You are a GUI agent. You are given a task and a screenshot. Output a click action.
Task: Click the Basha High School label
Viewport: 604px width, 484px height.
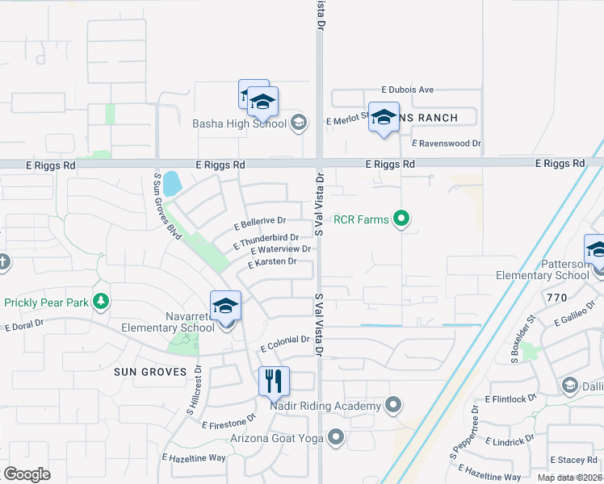click(x=239, y=123)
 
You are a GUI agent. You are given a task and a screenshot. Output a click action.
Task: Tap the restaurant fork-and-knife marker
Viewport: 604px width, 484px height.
click(x=274, y=381)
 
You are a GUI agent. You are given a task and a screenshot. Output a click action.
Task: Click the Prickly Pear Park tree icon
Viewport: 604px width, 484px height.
click(x=101, y=302)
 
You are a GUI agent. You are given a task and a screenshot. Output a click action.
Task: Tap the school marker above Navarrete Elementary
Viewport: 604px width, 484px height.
click(x=225, y=306)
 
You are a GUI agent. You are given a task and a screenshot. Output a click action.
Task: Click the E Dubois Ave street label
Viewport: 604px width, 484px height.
click(x=408, y=90)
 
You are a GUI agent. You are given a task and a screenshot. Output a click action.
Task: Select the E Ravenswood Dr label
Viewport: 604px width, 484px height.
click(x=446, y=144)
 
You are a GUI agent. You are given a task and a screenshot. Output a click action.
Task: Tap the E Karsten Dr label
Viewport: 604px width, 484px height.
click(x=272, y=262)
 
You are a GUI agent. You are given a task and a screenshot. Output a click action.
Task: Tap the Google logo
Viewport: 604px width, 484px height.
click(x=27, y=474)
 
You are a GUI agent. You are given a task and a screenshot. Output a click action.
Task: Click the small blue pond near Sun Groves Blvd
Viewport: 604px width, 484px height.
click(x=172, y=183)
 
